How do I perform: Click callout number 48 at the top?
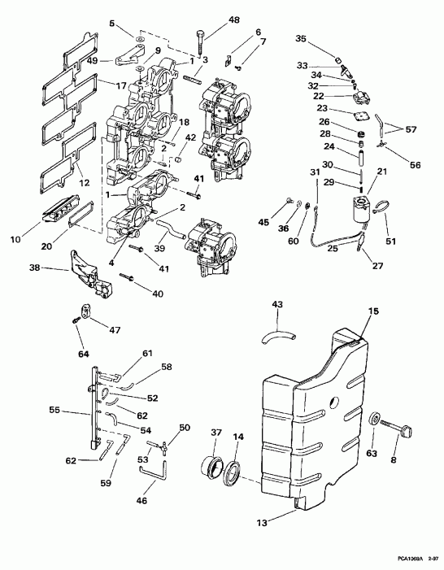point(211,19)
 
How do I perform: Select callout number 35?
point(301,38)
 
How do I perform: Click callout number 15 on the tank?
point(351,311)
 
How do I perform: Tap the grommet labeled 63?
point(376,421)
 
